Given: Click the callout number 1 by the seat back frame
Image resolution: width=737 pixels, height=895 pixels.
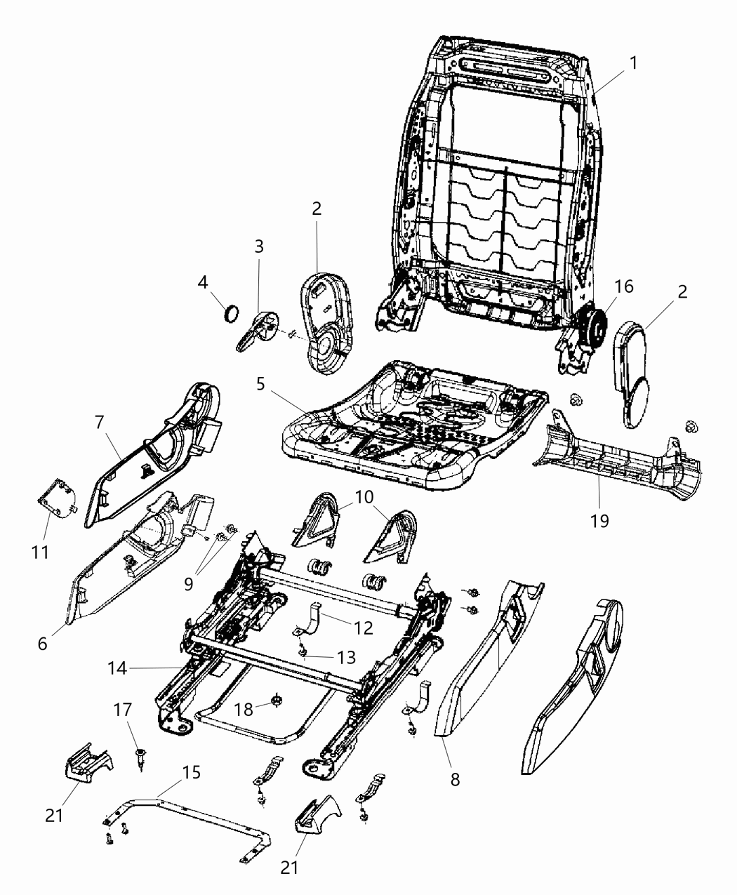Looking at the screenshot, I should (633, 62).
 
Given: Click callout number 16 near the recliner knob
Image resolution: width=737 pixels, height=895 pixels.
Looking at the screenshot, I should (623, 286).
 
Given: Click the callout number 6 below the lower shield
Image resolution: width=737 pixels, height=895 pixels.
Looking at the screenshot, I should (44, 643).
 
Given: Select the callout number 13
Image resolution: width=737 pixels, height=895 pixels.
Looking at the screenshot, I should (345, 657).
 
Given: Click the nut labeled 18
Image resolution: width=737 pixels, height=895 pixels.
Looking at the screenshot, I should (275, 701).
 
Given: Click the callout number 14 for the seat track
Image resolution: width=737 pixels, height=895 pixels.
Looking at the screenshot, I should (118, 669).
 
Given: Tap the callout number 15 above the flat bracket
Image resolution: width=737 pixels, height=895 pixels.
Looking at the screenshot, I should (191, 773).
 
